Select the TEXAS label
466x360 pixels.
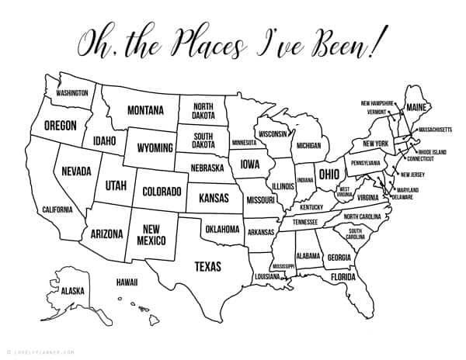point(207,266)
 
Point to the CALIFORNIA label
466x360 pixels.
point(57,209)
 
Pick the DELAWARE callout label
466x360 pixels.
point(402,197)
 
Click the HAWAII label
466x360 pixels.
point(128,282)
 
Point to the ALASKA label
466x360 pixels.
point(72,291)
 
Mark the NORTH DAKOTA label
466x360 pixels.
point(204,111)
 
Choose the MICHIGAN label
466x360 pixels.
point(308,145)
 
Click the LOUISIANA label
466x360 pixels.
point(267,277)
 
